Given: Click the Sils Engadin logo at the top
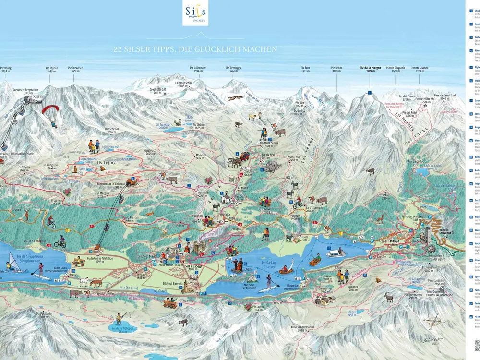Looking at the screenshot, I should pyautogui.click(x=195, y=13).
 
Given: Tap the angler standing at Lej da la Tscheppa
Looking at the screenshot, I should pyautogui.click(x=119, y=318).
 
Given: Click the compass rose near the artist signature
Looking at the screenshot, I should pyautogui.click(x=434, y=323).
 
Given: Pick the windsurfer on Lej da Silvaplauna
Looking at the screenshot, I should pyautogui.click(x=12, y=264).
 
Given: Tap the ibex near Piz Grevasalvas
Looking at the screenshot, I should pyautogui.click(x=388, y=297).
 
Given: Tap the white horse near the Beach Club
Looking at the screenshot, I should pyautogui.click(x=84, y=282).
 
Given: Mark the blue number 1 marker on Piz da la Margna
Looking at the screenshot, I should pyautogui.click(x=370, y=92).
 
